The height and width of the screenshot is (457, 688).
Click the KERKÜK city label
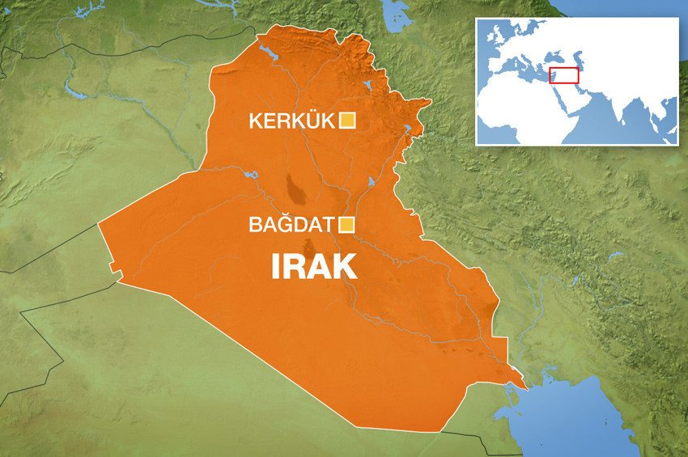point(291,121)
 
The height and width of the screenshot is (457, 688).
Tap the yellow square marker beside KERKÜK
point(347,121)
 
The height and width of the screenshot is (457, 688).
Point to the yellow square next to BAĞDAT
point(347,225)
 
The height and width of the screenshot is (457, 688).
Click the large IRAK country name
point(314,267)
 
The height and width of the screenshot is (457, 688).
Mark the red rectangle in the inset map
point(564,75)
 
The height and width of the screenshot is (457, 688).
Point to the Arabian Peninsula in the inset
point(571,95)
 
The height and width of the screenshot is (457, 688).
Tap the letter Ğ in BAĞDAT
point(282,224)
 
